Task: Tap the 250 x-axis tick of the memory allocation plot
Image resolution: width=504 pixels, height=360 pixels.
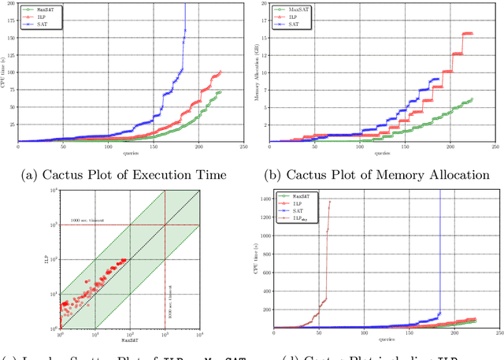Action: coord(495,147)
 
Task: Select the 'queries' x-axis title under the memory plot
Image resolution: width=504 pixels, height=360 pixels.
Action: coord(383,151)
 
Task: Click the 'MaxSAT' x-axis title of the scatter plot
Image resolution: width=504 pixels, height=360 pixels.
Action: coord(129,340)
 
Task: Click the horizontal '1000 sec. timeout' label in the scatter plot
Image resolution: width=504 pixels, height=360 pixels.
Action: coord(88,221)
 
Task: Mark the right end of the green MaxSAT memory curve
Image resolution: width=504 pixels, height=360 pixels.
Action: coord(472,98)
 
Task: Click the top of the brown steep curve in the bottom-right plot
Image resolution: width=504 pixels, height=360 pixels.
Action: coord(329,202)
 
